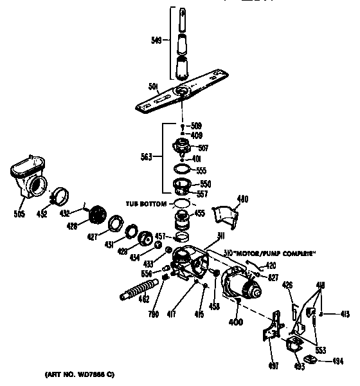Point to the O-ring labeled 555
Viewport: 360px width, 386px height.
click(x=183, y=170)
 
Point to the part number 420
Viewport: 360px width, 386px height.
click(x=271, y=264)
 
